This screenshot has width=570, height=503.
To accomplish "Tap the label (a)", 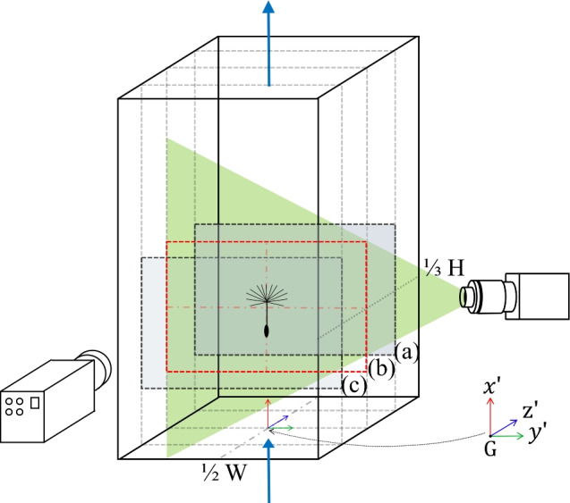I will pos(408,353).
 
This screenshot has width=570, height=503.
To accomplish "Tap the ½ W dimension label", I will pos(219,467).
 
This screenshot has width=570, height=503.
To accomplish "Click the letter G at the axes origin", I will pos(490,447).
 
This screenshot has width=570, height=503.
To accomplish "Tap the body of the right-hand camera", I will pos(532,296).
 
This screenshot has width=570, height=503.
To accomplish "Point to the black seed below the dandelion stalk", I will pos(268,331).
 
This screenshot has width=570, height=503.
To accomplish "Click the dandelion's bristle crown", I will pos(267,297).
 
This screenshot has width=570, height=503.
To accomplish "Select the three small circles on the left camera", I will pos(15,407).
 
